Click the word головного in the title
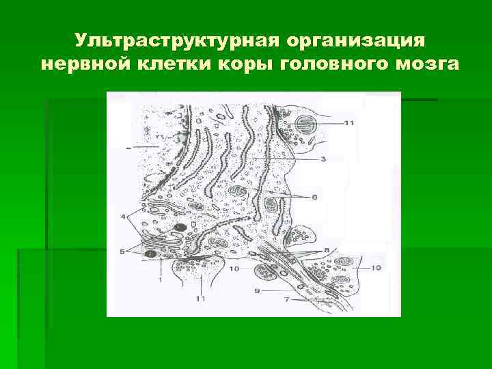pos(338,65)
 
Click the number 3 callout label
pos(323,159)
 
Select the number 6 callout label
pos(314,197)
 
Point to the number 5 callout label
pos(124,251)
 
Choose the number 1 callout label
pos(160,279)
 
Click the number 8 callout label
pos(327,249)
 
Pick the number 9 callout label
pos(256,290)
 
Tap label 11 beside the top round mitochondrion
pos(348,123)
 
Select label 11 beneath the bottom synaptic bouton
pos(200,299)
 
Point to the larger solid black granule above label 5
pos(180,228)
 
